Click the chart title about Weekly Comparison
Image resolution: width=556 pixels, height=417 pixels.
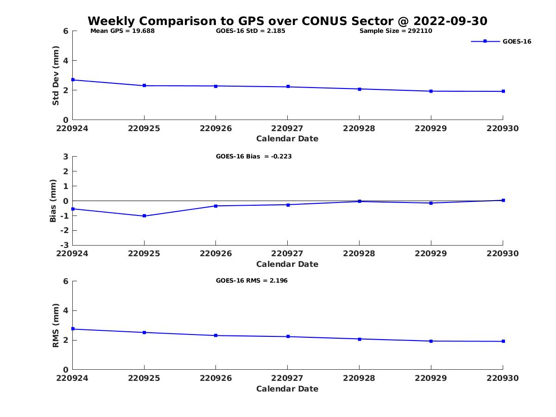click(x=287, y=21)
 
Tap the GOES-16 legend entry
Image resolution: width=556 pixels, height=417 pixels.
click(x=517, y=42)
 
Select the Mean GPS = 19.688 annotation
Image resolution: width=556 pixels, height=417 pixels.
click(x=122, y=31)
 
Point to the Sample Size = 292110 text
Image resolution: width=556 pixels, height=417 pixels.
click(x=396, y=31)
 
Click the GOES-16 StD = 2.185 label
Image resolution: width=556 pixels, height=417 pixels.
click(x=251, y=31)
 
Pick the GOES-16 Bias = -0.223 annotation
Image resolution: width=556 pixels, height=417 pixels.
click(x=253, y=157)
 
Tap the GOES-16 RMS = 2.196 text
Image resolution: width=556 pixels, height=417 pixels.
click(x=252, y=281)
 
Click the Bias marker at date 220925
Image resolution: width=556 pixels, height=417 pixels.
click(x=145, y=216)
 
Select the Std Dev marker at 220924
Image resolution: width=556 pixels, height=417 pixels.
click(x=73, y=80)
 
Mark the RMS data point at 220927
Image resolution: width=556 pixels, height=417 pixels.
click(x=288, y=336)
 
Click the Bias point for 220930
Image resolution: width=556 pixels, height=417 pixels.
click(x=503, y=200)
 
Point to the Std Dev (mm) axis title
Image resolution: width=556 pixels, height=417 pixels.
click(x=56, y=76)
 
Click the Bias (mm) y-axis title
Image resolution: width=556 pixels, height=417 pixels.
click(x=53, y=201)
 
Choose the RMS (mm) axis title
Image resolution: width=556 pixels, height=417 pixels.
click(x=56, y=325)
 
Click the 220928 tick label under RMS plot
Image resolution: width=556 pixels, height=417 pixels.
click(x=359, y=378)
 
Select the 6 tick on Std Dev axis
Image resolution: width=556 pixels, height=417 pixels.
click(x=66, y=31)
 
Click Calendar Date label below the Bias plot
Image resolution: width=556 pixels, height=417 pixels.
click(x=287, y=264)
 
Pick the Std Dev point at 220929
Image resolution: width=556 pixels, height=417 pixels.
click(x=431, y=91)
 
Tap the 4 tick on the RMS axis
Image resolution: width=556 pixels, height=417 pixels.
click(x=66, y=310)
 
